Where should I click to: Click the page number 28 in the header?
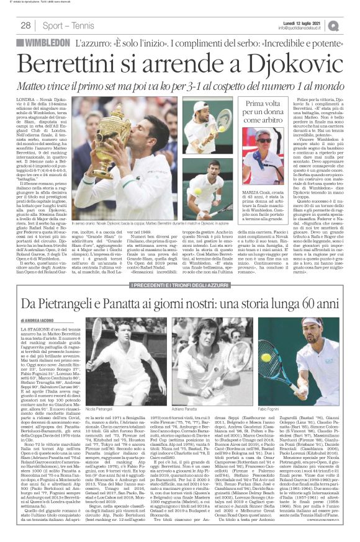click(26, 25)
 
